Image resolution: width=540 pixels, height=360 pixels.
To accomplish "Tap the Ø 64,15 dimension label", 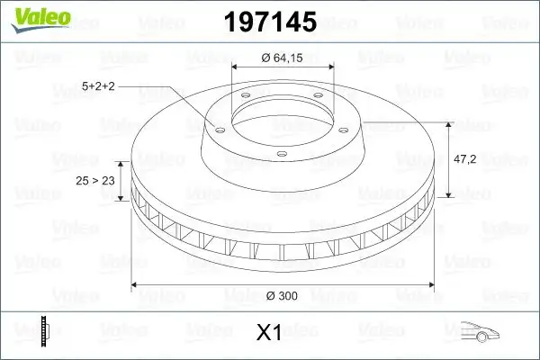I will coord(283,58).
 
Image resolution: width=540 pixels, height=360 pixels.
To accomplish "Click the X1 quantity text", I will coord(269,333).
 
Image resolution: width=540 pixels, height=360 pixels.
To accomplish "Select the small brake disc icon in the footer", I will coord(44,331).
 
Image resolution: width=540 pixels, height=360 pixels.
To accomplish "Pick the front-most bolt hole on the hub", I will coord(281,154).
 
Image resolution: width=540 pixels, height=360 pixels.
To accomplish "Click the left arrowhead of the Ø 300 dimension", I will coord(136,285).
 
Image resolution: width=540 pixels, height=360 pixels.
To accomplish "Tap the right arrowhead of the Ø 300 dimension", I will coord(430,285).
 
